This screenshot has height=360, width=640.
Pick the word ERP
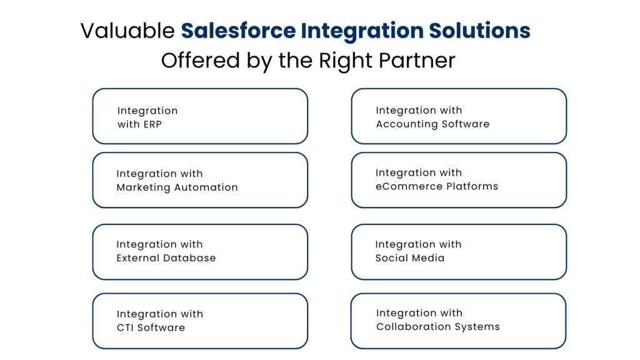click(x=152, y=124)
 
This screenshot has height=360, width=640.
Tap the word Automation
click(x=207, y=187)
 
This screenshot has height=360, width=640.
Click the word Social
click(x=391, y=258)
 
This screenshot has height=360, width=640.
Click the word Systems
click(x=481, y=327)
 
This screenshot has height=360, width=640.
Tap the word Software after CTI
click(x=162, y=327)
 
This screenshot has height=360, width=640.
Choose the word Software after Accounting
click(x=466, y=124)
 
